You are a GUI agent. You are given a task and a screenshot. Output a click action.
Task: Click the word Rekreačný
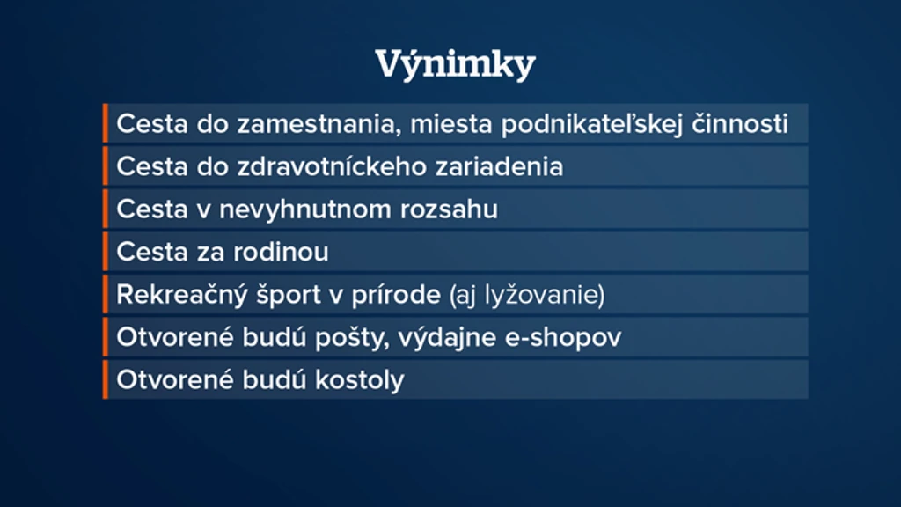coord(182,295)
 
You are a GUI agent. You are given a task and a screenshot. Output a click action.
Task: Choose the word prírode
coord(396,295)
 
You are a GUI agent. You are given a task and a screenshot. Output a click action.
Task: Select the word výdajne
coord(447,338)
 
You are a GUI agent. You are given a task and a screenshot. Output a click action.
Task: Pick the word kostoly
coord(360,380)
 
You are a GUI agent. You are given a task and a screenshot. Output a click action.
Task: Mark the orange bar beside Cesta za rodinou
coord(106,252)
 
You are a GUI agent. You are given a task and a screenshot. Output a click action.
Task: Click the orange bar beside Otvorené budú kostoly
coord(106,379)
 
